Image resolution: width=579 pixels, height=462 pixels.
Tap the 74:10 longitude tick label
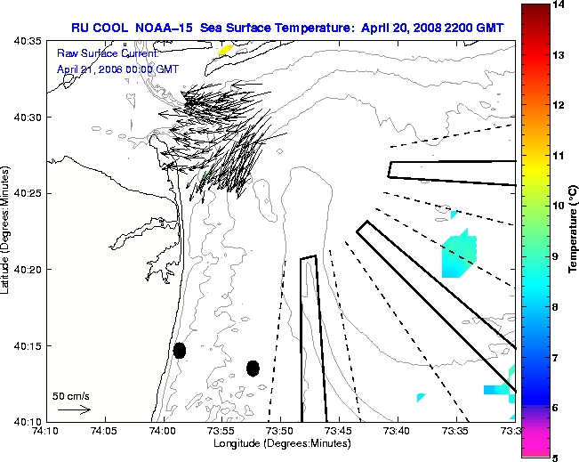coord(45,431)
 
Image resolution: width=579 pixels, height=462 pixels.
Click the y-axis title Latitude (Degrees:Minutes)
coord(7,231)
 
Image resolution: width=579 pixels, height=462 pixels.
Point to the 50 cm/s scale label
coord(71,396)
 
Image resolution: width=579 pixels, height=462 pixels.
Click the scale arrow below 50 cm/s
coord(74,409)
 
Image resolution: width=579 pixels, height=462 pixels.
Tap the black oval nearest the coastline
coord(180,350)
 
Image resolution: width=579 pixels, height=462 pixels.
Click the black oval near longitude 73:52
coord(253,368)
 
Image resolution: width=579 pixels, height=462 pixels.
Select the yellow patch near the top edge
coord(225,50)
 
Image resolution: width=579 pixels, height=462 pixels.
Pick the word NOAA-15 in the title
coord(167,28)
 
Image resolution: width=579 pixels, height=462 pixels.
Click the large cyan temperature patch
coord(459,255)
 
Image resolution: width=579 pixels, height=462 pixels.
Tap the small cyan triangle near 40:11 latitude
coord(420,397)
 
